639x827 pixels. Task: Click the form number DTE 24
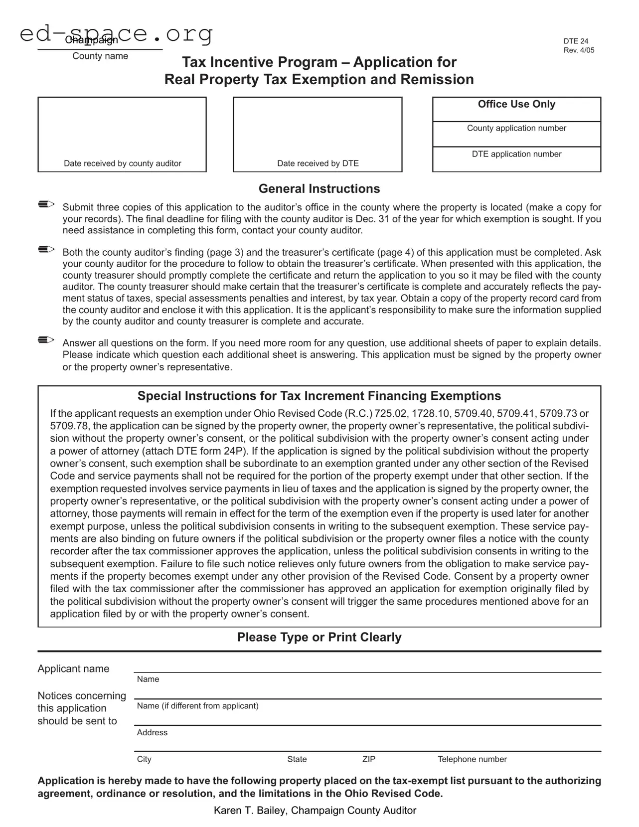point(576,41)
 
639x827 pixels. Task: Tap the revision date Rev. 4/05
point(579,50)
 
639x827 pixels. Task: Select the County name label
point(100,56)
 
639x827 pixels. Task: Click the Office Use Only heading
point(516,104)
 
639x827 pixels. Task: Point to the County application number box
point(516,134)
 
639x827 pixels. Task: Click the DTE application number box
point(516,159)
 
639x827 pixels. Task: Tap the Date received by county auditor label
point(122,164)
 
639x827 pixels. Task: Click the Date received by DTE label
point(318,164)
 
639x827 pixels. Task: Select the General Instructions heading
point(319,189)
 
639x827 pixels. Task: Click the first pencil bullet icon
point(46,204)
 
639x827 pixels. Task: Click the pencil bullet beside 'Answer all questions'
point(46,340)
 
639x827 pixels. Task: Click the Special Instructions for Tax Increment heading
point(319,396)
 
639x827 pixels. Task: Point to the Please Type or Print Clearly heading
point(319,637)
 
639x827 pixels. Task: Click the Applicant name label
point(73,669)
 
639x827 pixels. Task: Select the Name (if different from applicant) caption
point(197,706)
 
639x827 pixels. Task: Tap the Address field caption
point(152,733)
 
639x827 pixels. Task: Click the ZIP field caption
point(369,759)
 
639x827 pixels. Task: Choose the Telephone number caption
point(472,759)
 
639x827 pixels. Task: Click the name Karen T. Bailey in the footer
point(250,811)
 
